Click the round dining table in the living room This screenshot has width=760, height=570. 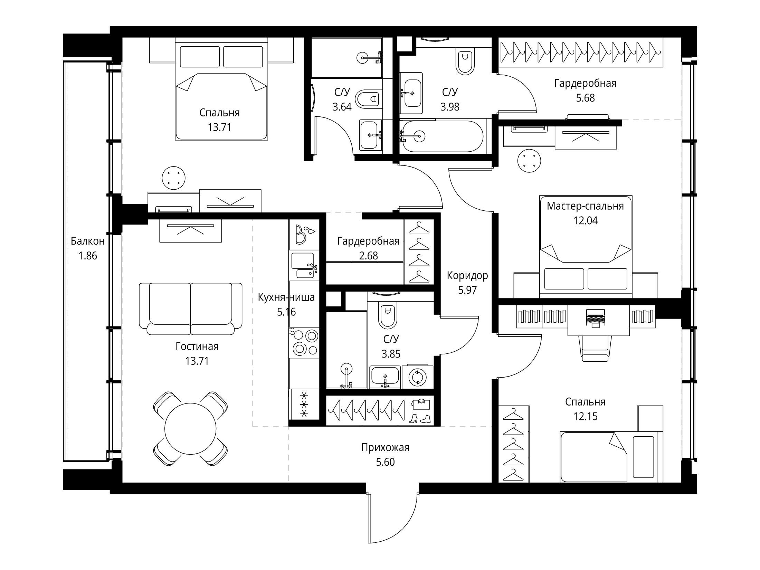pyautogui.click(x=190, y=429)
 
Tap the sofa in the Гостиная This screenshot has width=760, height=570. pyautogui.click(x=191, y=309)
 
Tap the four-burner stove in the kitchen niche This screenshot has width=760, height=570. pyautogui.click(x=304, y=342)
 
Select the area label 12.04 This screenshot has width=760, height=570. pyautogui.click(x=586, y=220)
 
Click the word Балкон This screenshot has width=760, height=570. pyautogui.click(x=88, y=241)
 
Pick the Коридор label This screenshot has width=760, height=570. pyautogui.click(x=467, y=275)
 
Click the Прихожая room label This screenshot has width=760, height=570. pyautogui.click(x=385, y=448)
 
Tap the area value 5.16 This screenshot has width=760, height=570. pyautogui.click(x=286, y=312)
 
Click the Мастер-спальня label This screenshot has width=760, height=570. pyautogui.click(x=586, y=206)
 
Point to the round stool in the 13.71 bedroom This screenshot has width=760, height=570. pyautogui.click(x=173, y=178)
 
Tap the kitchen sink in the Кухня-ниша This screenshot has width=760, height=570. pyautogui.click(x=303, y=265)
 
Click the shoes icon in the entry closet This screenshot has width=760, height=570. pyautogui.click(x=420, y=419)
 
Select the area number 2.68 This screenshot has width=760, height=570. pyautogui.click(x=368, y=256)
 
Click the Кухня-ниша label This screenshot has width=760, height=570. pyautogui.click(x=286, y=297)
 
